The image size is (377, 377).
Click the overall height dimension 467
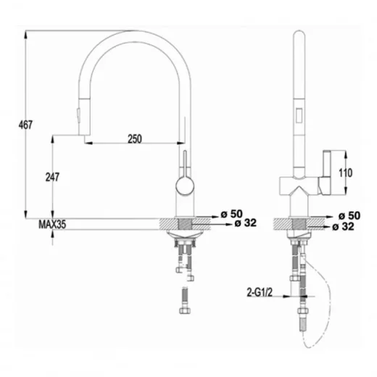tap(25, 125)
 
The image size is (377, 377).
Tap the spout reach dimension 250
tap(135, 138)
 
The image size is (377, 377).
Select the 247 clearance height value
tap(51, 176)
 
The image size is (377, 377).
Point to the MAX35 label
tap(52, 225)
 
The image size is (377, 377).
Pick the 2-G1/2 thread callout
tap(259, 292)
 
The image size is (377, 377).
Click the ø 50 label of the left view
tap(230, 215)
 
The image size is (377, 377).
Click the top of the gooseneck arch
tap(133, 34)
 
